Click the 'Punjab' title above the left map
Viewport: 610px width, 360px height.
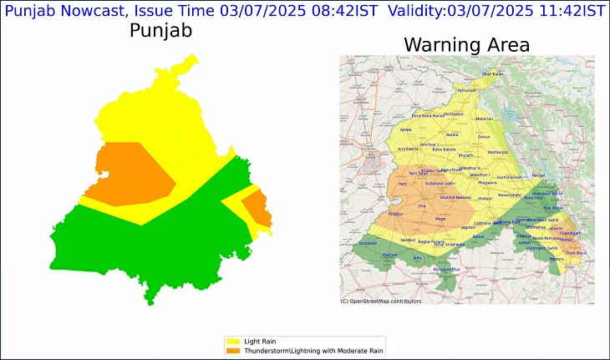tap(160, 32)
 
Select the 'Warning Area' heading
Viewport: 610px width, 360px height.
tap(466, 44)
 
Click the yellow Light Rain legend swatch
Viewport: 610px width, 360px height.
tap(231, 342)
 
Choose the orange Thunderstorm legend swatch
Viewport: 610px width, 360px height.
tap(231, 351)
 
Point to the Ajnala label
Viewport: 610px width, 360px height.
tap(406, 130)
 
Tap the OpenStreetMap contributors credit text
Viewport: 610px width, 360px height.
tap(381, 301)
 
